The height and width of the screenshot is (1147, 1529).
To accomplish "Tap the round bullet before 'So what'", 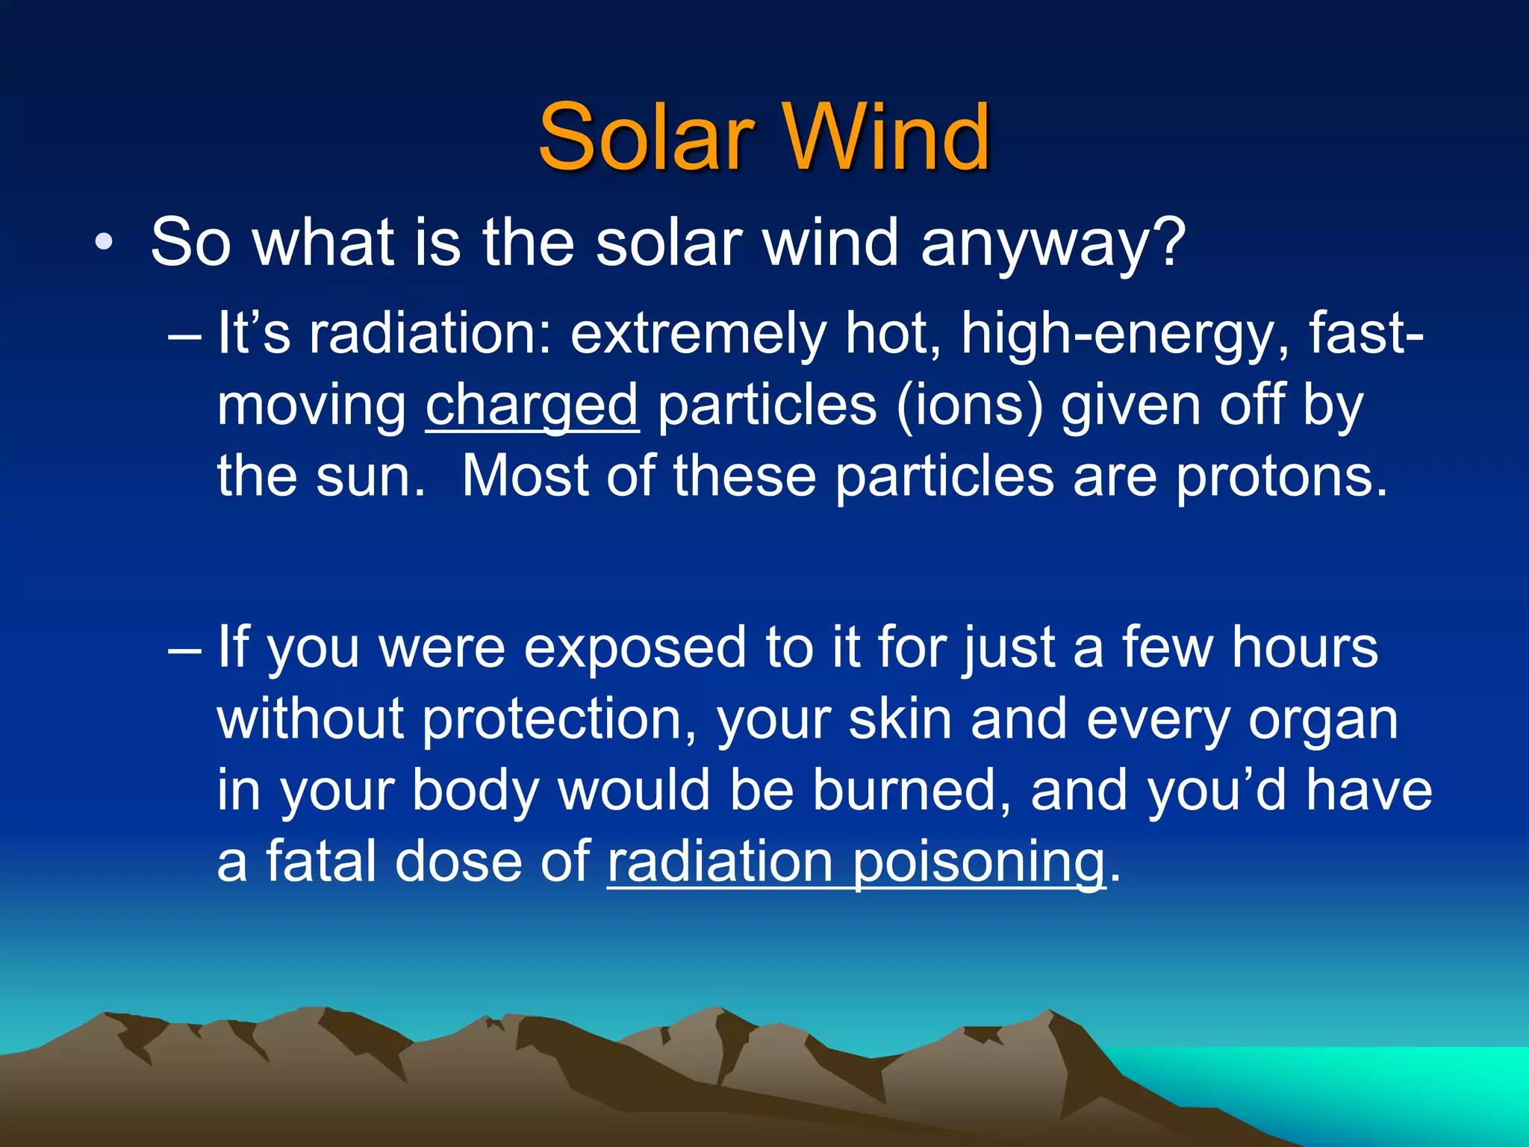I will pyautogui.click(x=104, y=243).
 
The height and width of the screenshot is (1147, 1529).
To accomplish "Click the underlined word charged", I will pyautogui.click(x=532, y=405).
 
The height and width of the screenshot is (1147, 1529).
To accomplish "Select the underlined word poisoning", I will pyautogui.click(x=978, y=862).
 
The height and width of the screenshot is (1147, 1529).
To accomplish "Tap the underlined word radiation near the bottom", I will pyautogui.click(x=720, y=862).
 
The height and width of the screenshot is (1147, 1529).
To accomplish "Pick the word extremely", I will pyautogui.click(x=697, y=334).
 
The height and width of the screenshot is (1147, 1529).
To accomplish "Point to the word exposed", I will pyautogui.click(x=635, y=647).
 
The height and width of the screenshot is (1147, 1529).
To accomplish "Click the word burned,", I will pyautogui.click(x=912, y=790).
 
